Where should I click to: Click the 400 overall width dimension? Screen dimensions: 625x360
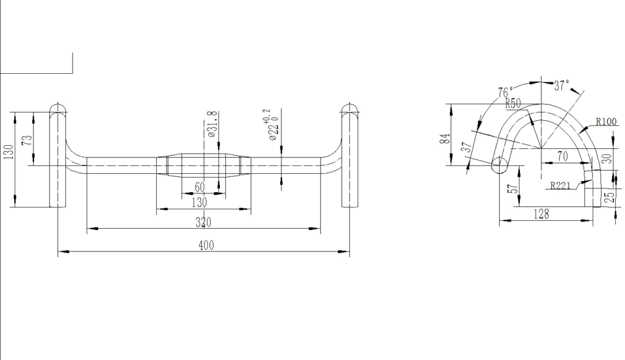click(206, 245)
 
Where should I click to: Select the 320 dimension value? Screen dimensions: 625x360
click(203, 223)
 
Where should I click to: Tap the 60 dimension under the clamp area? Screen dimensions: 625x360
click(200, 187)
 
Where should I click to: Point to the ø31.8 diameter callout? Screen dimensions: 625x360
click(212, 124)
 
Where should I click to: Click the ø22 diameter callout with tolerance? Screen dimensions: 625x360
click(272, 125)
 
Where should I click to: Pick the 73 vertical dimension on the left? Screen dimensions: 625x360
click(27, 140)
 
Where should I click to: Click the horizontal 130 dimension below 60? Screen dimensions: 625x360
click(200, 203)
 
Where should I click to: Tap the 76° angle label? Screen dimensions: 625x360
click(505, 92)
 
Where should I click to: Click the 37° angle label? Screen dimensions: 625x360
click(562, 85)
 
